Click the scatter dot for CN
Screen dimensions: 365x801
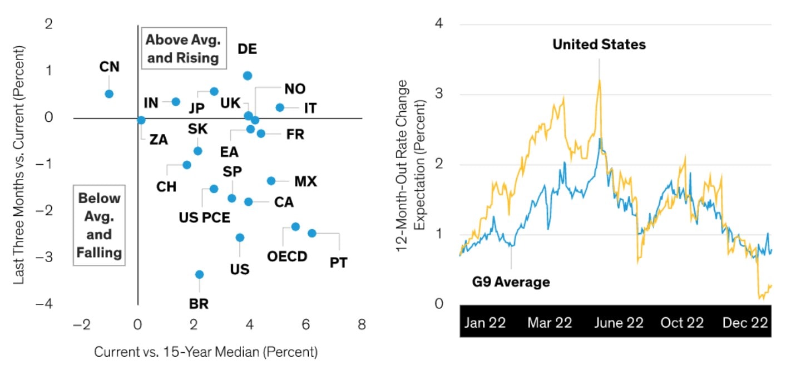pyautogui.click(x=109, y=93)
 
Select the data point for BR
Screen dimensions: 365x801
pyautogui.click(x=199, y=274)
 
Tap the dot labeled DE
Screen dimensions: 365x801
pyautogui.click(x=248, y=75)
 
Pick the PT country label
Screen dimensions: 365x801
pyautogui.click(x=338, y=262)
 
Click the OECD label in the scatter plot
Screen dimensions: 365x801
pyautogui.click(x=287, y=257)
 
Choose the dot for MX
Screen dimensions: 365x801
pyautogui.click(x=271, y=181)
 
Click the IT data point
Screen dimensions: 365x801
pyautogui.click(x=280, y=107)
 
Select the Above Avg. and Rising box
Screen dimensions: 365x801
pyautogui.click(x=183, y=49)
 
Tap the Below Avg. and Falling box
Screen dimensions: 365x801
pyautogui.click(x=99, y=225)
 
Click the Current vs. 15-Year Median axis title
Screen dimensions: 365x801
pyautogui.click(x=206, y=352)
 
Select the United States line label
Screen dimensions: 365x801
pyautogui.click(x=599, y=45)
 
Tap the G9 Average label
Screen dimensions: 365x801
pyautogui.click(x=511, y=282)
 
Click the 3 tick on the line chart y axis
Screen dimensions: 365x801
pyautogui.click(x=439, y=95)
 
